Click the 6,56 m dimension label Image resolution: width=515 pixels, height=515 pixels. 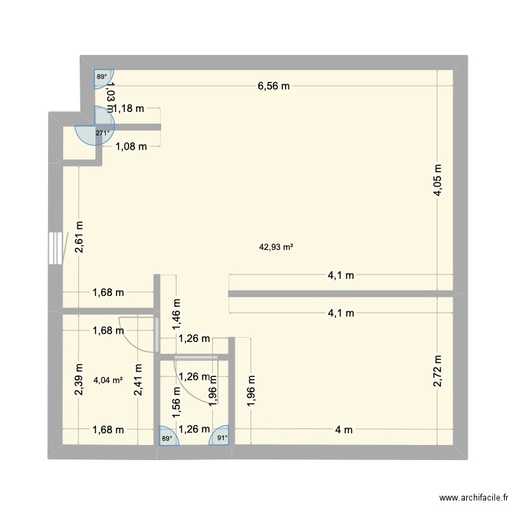coord(273,86)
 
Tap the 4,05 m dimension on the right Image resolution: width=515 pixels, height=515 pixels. coord(437,181)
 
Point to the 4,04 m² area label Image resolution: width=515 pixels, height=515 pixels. coord(108,378)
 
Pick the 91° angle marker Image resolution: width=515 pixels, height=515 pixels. coord(222,436)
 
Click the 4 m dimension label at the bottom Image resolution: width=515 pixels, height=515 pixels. coord(343,430)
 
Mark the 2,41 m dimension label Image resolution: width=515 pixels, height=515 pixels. coord(139,378)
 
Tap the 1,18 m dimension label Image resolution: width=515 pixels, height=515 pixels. coord(129,108)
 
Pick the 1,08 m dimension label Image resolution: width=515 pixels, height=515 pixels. coord(131,146)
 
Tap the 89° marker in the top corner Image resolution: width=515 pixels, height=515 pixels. coord(101,77)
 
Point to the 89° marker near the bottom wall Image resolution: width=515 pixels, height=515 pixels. coord(165,436)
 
